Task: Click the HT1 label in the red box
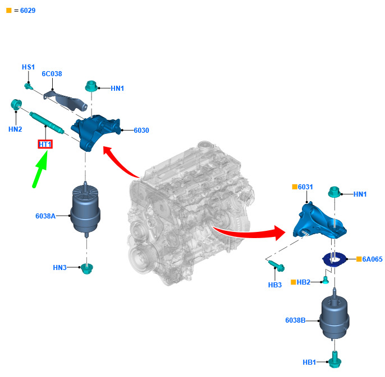[45, 145]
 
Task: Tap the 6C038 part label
[52, 74]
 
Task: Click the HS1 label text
[28, 67]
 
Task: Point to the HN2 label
[15, 129]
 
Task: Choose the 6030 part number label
[141, 131]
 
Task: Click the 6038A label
[45, 215]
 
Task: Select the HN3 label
[60, 268]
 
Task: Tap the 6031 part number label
[305, 187]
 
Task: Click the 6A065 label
[372, 259]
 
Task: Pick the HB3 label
[275, 285]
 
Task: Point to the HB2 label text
[304, 282]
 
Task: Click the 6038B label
[295, 320]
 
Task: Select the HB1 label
[309, 362]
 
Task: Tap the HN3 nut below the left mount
[86, 268]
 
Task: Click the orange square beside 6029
[8, 11]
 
